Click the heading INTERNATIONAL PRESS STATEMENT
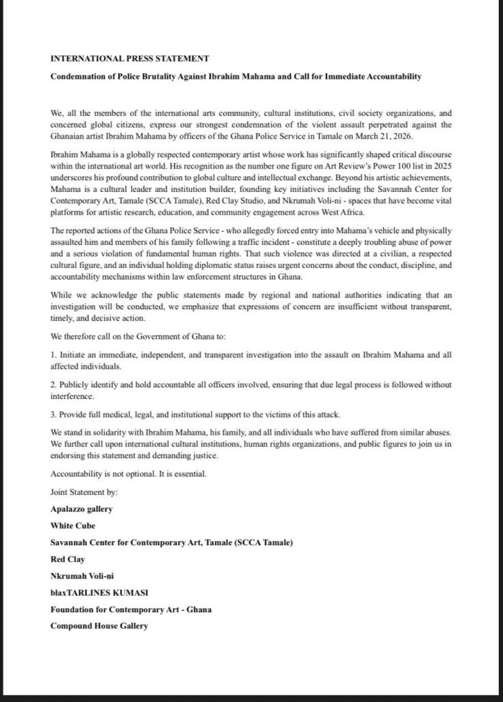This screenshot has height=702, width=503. (x=130, y=59)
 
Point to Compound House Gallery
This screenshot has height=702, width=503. (x=99, y=625)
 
